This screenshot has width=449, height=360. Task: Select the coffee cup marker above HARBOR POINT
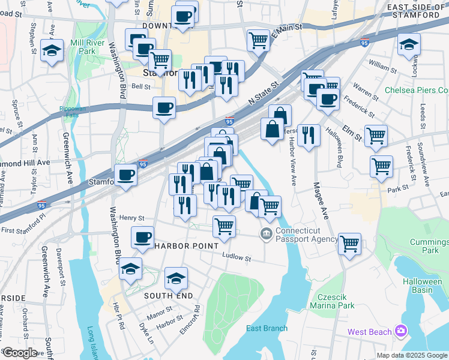pos(142,238)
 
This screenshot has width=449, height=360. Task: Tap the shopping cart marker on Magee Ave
pos(349,244)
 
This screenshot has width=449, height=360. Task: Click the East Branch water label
pos(267,328)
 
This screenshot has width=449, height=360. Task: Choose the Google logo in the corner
pos(20,353)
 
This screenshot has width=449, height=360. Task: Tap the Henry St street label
pos(132,218)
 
